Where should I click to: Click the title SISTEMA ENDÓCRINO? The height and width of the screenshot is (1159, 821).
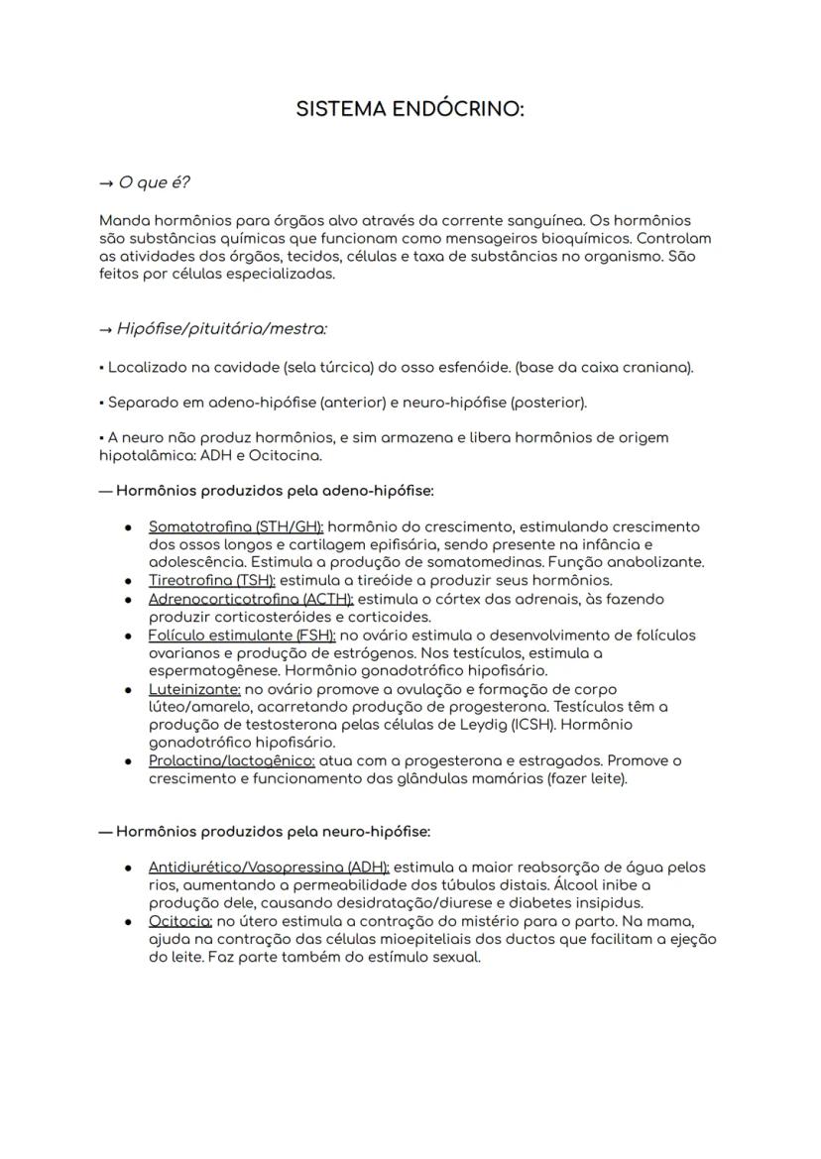tap(410, 110)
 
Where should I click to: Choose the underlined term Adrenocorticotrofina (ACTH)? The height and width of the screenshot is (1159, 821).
tap(251, 599)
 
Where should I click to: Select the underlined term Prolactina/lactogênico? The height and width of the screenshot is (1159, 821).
tap(232, 760)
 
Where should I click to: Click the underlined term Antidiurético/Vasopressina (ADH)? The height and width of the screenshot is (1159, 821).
tap(269, 867)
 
